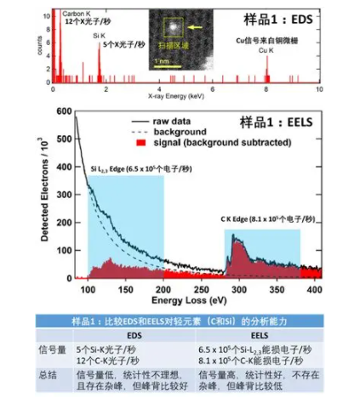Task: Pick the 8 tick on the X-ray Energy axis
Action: coord(267,90)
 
